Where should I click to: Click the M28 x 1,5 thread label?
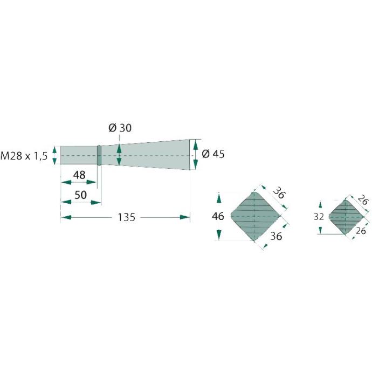coord(24,156)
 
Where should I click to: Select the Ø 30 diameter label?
coord(120,128)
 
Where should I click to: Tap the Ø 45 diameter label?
coord(213,154)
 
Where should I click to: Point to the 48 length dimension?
coord(79,175)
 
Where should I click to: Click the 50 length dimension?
coord(81,195)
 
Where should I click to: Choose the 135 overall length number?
coord(127,217)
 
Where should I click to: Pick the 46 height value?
coord(218,216)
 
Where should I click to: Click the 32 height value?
coord(319,217)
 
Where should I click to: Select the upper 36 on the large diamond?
coord(278,192)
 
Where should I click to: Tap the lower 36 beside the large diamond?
coord(276,236)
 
